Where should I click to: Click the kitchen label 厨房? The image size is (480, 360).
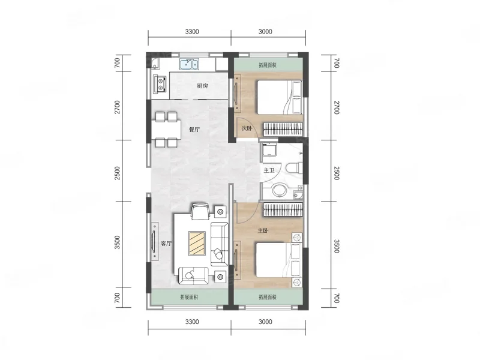pyautogui.click(x=202, y=86)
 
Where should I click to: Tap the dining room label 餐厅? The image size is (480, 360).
pyautogui.click(x=194, y=130)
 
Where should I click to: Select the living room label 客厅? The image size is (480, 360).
pyautogui.click(x=166, y=244)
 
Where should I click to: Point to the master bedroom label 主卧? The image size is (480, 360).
pyautogui.click(x=263, y=230)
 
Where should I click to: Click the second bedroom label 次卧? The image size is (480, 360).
pyautogui.click(x=247, y=128)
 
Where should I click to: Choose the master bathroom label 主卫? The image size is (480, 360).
pyautogui.click(x=269, y=170)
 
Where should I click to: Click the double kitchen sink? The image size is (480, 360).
pyautogui.click(x=190, y=64)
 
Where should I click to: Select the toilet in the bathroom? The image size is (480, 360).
pyautogui.click(x=294, y=167)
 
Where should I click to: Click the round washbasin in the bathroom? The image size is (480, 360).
pyautogui.click(x=280, y=190)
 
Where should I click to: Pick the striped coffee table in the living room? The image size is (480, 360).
pyautogui.click(x=197, y=243)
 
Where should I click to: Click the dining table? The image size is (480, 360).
pyautogui.click(x=166, y=130)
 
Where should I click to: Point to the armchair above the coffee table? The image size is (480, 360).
pyautogui.click(x=200, y=212)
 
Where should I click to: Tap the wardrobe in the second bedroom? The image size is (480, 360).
pyautogui.click(x=283, y=129)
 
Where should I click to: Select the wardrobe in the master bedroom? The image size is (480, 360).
pyautogui.click(x=283, y=209)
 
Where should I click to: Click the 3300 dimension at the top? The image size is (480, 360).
pyautogui.click(x=192, y=32)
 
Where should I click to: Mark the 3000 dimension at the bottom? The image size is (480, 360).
pyautogui.click(x=265, y=322)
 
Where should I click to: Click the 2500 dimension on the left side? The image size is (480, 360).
pyautogui.click(x=117, y=173)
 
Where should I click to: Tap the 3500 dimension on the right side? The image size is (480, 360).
pyautogui.click(x=337, y=247)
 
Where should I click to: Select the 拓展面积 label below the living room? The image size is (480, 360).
pyautogui.click(x=189, y=297)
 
